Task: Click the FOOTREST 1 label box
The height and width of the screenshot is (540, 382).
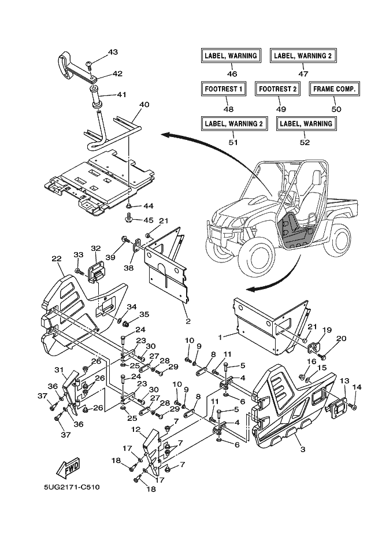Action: click(x=224, y=89)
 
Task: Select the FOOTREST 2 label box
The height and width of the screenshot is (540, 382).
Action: click(x=277, y=89)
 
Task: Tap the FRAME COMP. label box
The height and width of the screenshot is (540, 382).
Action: click(x=334, y=89)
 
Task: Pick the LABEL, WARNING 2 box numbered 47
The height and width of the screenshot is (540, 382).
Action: click(x=303, y=56)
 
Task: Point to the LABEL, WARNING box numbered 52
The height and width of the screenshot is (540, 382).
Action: click(x=307, y=123)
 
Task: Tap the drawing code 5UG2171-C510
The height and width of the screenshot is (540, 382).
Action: click(x=72, y=487)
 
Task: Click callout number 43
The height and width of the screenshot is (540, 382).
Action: click(x=112, y=53)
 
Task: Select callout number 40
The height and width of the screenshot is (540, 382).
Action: click(x=128, y=105)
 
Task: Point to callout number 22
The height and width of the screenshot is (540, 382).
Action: click(x=56, y=258)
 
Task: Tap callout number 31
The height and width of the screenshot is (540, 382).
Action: click(x=59, y=371)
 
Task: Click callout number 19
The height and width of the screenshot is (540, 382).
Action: click(x=327, y=330)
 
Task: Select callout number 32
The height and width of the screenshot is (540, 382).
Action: click(x=95, y=248)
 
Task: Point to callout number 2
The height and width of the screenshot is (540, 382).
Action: click(x=188, y=320)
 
